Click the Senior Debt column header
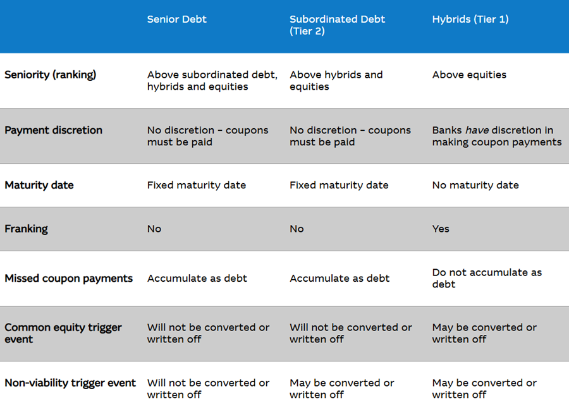click(x=177, y=19)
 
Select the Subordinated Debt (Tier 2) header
click(x=337, y=25)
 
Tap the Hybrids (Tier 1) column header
click(x=470, y=19)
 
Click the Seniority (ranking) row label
click(x=50, y=75)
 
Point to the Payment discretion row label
click(x=53, y=130)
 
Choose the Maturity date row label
click(x=39, y=185)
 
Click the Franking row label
click(x=26, y=229)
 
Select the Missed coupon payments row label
click(x=68, y=279)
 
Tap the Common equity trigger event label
click(x=63, y=333)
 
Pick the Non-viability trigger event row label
click(x=70, y=383)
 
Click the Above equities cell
click(x=469, y=75)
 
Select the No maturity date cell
click(x=475, y=185)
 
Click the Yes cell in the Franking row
click(x=441, y=229)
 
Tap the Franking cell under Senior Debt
click(x=154, y=229)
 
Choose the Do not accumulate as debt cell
click(x=487, y=279)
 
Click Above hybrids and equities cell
click(x=336, y=80)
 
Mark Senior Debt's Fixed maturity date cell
click(x=197, y=185)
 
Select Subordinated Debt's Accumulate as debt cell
click(x=340, y=279)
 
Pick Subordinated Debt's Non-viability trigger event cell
click(x=342, y=389)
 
